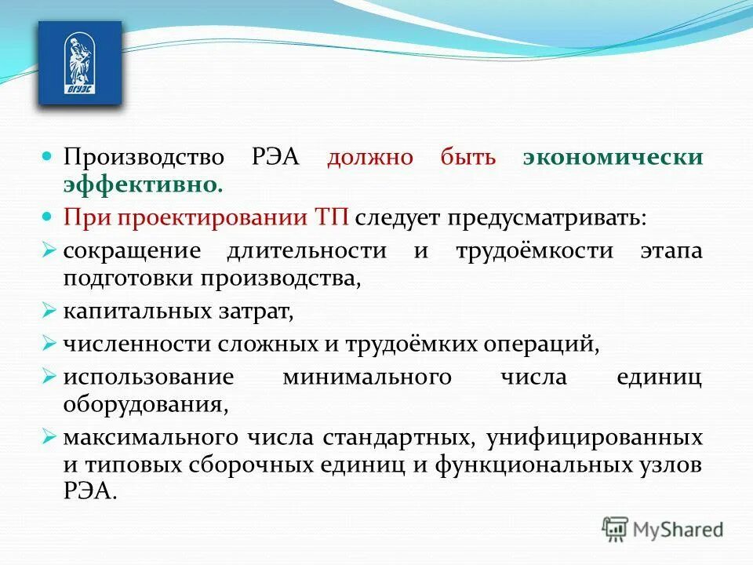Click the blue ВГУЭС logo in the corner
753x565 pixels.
pos(80,64)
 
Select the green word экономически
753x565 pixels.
pos(613,156)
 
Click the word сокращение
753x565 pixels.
pos(133,251)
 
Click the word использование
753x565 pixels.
pos(149,377)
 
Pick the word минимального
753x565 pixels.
pos(367,377)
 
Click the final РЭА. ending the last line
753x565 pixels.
pos(90,493)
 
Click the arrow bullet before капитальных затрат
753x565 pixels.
pos(49,312)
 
